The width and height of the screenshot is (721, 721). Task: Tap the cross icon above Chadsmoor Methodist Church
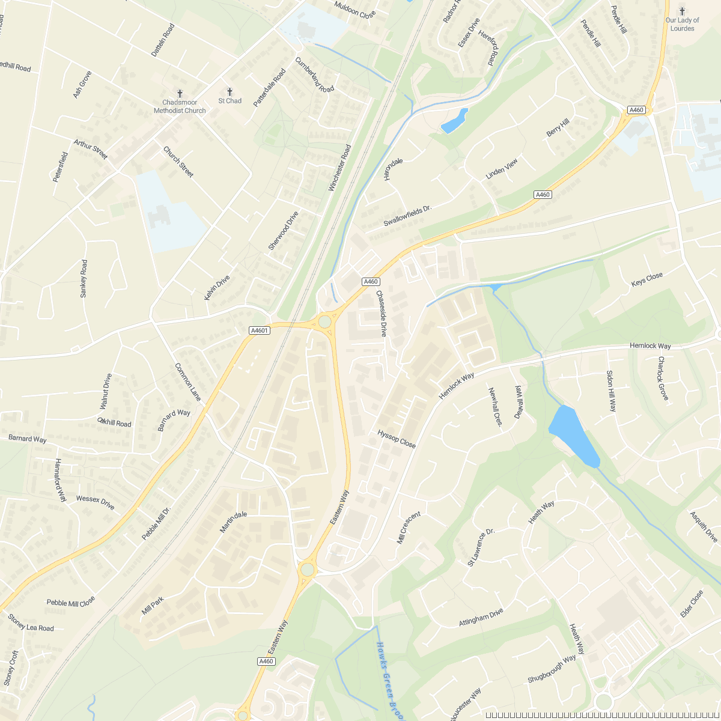[x=180, y=94]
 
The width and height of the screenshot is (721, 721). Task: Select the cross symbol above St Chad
[x=230, y=91]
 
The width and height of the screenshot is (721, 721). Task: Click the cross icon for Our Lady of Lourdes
[x=682, y=11]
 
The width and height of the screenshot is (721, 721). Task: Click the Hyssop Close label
[x=397, y=439]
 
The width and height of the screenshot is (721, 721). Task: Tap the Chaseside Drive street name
[x=381, y=313]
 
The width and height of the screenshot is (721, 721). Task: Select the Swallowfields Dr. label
[x=408, y=216]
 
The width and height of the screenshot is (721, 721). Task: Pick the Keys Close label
[x=647, y=279]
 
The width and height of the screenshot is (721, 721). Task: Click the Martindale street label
[x=233, y=522]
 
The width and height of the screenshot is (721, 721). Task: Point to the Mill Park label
[x=153, y=606]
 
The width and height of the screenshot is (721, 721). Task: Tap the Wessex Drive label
[x=95, y=502]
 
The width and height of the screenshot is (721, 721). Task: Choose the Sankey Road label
[x=84, y=278]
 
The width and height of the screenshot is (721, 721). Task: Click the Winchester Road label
[x=339, y=168]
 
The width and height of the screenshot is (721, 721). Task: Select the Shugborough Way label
[x=552, y=669]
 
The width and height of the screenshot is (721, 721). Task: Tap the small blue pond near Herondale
[x=455, y=121]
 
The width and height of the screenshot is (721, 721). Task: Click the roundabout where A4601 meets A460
[x=325, y=321]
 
